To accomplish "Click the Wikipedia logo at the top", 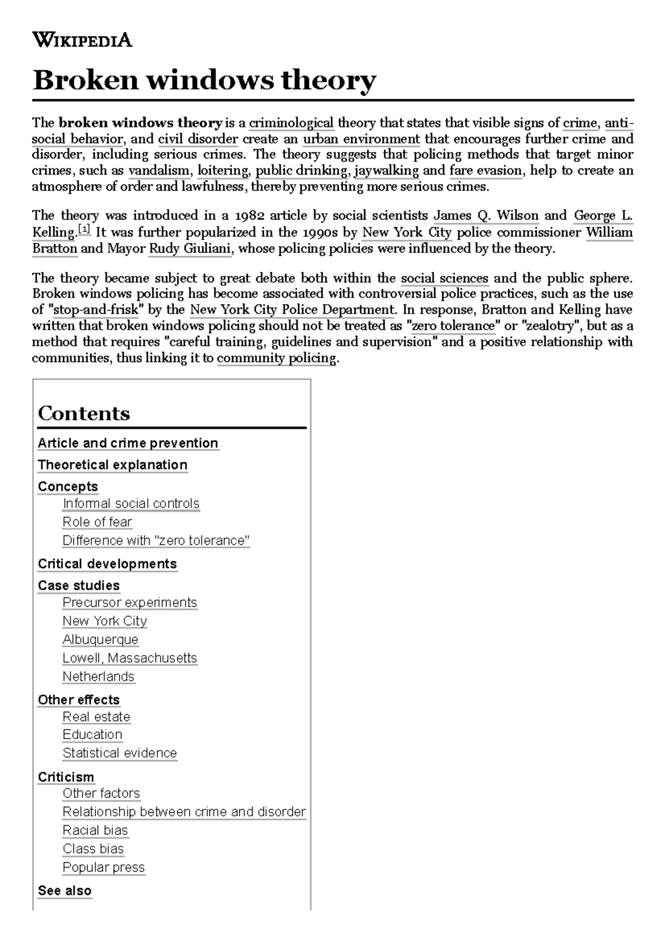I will pos(82,40).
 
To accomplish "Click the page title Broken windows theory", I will pos(204,80).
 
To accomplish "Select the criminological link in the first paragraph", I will pos(291,122).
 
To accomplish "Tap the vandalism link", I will pos(159,171).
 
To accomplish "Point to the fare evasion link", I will pos(485,171).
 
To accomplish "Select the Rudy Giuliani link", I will pos(190,248).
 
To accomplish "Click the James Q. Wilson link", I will pos(485,216).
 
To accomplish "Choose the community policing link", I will pos(277,358).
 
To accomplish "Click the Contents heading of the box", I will pos(84,413).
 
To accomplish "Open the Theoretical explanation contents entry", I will pos(112,465).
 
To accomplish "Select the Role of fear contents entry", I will pos(97,522).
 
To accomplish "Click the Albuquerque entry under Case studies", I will pos(100,640).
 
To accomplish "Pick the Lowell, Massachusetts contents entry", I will pos(130,658).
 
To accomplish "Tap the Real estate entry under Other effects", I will pos(96,717).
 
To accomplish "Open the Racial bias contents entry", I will pos(95,830).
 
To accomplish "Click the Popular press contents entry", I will pos(104,867).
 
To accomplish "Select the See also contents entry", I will pos(65,891).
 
